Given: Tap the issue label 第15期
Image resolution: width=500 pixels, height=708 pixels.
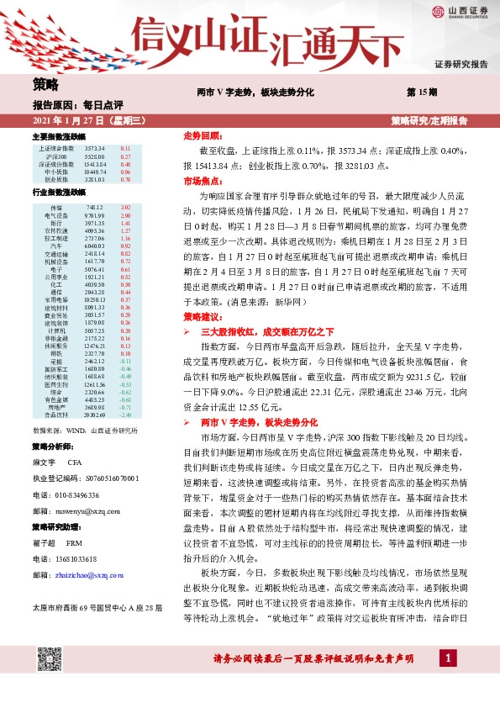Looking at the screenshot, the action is pos(418,90).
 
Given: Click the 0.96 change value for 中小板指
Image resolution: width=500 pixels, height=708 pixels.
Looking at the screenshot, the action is pos(125,172).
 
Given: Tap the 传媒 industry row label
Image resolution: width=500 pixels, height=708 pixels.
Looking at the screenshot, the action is pos(57,208).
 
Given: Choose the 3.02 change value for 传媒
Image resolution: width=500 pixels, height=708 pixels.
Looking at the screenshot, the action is pos(126,208).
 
